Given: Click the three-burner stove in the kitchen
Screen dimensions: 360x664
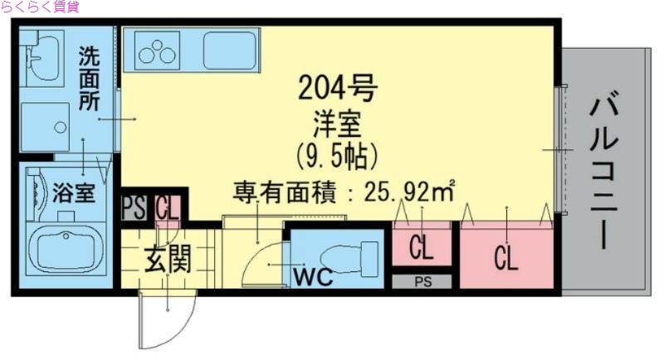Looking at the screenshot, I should (x=158, y=51).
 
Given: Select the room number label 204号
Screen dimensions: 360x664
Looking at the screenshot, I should (x=338, y=87).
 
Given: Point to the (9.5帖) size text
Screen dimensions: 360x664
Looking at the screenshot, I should (x=337, y=154).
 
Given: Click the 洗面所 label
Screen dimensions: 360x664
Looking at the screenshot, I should (x=89, y=79).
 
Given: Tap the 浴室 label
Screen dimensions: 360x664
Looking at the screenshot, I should (x=74, y=194).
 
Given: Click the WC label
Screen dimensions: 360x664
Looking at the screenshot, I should (x=312, y=278).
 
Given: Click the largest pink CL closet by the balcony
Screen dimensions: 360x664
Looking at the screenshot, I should (x=506, y=258).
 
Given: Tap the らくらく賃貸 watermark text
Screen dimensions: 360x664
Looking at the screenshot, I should (x=41, y=7).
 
